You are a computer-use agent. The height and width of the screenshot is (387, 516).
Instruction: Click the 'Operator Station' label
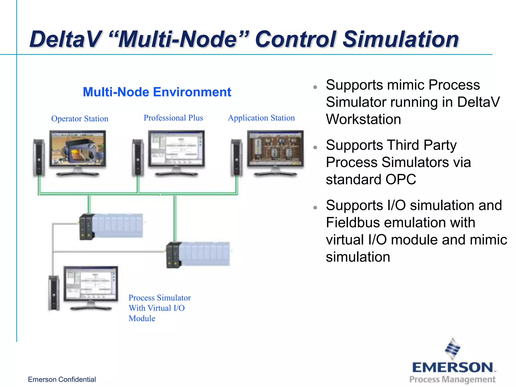click(80, 119)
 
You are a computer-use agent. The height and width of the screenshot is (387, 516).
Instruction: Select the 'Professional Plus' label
click(173, 118)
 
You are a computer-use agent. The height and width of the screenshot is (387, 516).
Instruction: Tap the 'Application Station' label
click(261, 118)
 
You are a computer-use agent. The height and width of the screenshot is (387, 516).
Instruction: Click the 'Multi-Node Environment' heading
click(157, 92)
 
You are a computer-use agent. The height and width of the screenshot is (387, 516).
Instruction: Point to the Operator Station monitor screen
click(78, 148)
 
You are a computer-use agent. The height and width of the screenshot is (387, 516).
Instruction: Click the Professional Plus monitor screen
click(176, 148)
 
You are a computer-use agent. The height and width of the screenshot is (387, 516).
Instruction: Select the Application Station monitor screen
click(275, 148)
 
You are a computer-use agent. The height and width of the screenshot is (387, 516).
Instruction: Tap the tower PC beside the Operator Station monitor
click(39, 157)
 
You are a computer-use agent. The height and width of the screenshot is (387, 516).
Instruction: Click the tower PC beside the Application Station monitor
click(237, 157)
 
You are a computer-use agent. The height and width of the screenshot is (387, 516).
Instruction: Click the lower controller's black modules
click(173, 255)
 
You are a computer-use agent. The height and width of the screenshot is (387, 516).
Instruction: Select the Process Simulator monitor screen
click(91, 284)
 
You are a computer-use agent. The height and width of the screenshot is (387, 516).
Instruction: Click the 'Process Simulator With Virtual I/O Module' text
click(159, 308)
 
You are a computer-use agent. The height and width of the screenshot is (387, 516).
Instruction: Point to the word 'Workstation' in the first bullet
click(363, 119)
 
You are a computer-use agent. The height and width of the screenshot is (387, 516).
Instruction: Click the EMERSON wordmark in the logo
click(453, 368)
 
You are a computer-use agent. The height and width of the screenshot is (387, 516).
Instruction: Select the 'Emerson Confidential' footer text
click(62, 379)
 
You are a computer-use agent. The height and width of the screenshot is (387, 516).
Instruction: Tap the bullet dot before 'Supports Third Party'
click(315, 148)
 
